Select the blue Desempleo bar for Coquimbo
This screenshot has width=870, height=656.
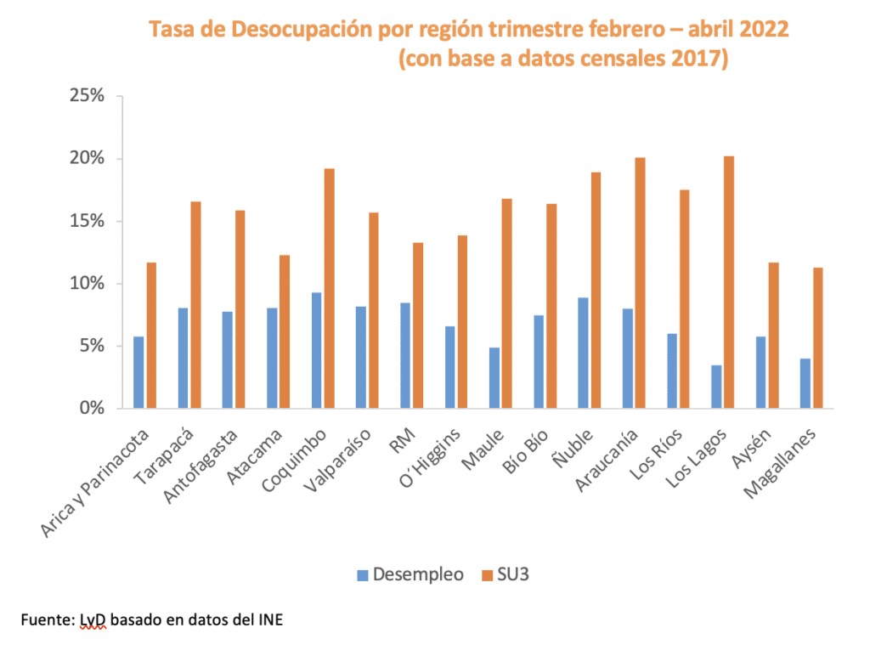coord(316,350)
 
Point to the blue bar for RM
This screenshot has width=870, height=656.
coord(405,355)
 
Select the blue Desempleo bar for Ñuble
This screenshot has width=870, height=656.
coord(583,353)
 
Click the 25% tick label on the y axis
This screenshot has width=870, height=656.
coord(87,96)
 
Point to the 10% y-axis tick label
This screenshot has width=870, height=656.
coord(87,284)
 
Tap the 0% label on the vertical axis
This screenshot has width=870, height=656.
coord(92,408)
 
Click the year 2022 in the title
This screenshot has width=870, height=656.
coord(764,30)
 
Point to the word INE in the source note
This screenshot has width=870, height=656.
coord(269,620)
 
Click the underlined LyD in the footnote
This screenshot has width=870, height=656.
coord(94,620)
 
